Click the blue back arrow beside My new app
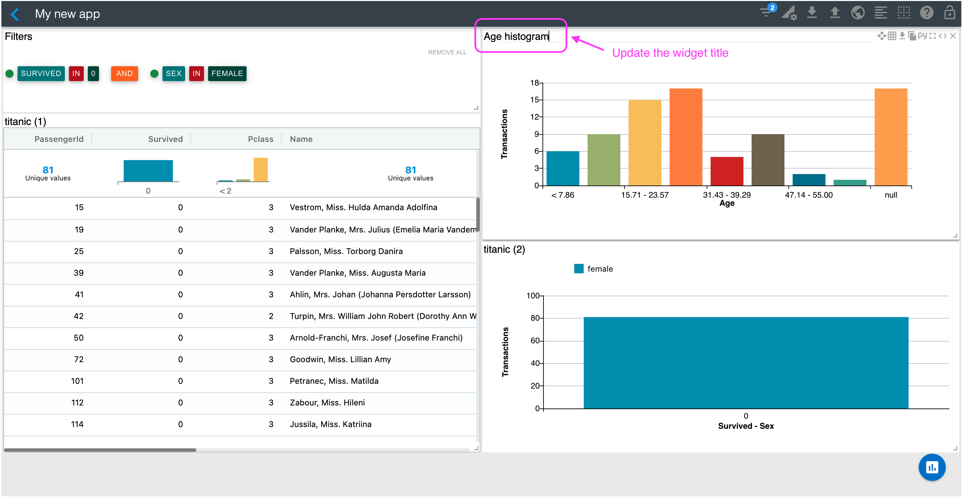click(x=15, y=14)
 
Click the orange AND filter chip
click(x=124, y=73)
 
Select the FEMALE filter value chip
click(x=227, y=73)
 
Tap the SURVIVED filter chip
click(x=41, y=73)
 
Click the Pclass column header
click(x=260, y=139)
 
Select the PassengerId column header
click(x=59, y=139)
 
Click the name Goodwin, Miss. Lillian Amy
click(x=340, y=359)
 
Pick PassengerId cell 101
click(x=77, y=381)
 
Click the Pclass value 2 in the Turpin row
click(x=271, y=316)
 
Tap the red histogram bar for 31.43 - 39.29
click(x=726, y=171)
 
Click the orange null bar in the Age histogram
click(x=891, y=137)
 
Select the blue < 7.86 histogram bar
click(x=562, y=168)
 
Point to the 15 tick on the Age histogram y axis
click(x=534, y=100)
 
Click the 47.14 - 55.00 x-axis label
click(x=809, y=195)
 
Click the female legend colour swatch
click(x=579, y=269)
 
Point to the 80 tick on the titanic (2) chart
click(x=535, y=318)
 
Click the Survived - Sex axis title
click(x=745, y=426)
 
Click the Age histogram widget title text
click(x=516, y=36)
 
